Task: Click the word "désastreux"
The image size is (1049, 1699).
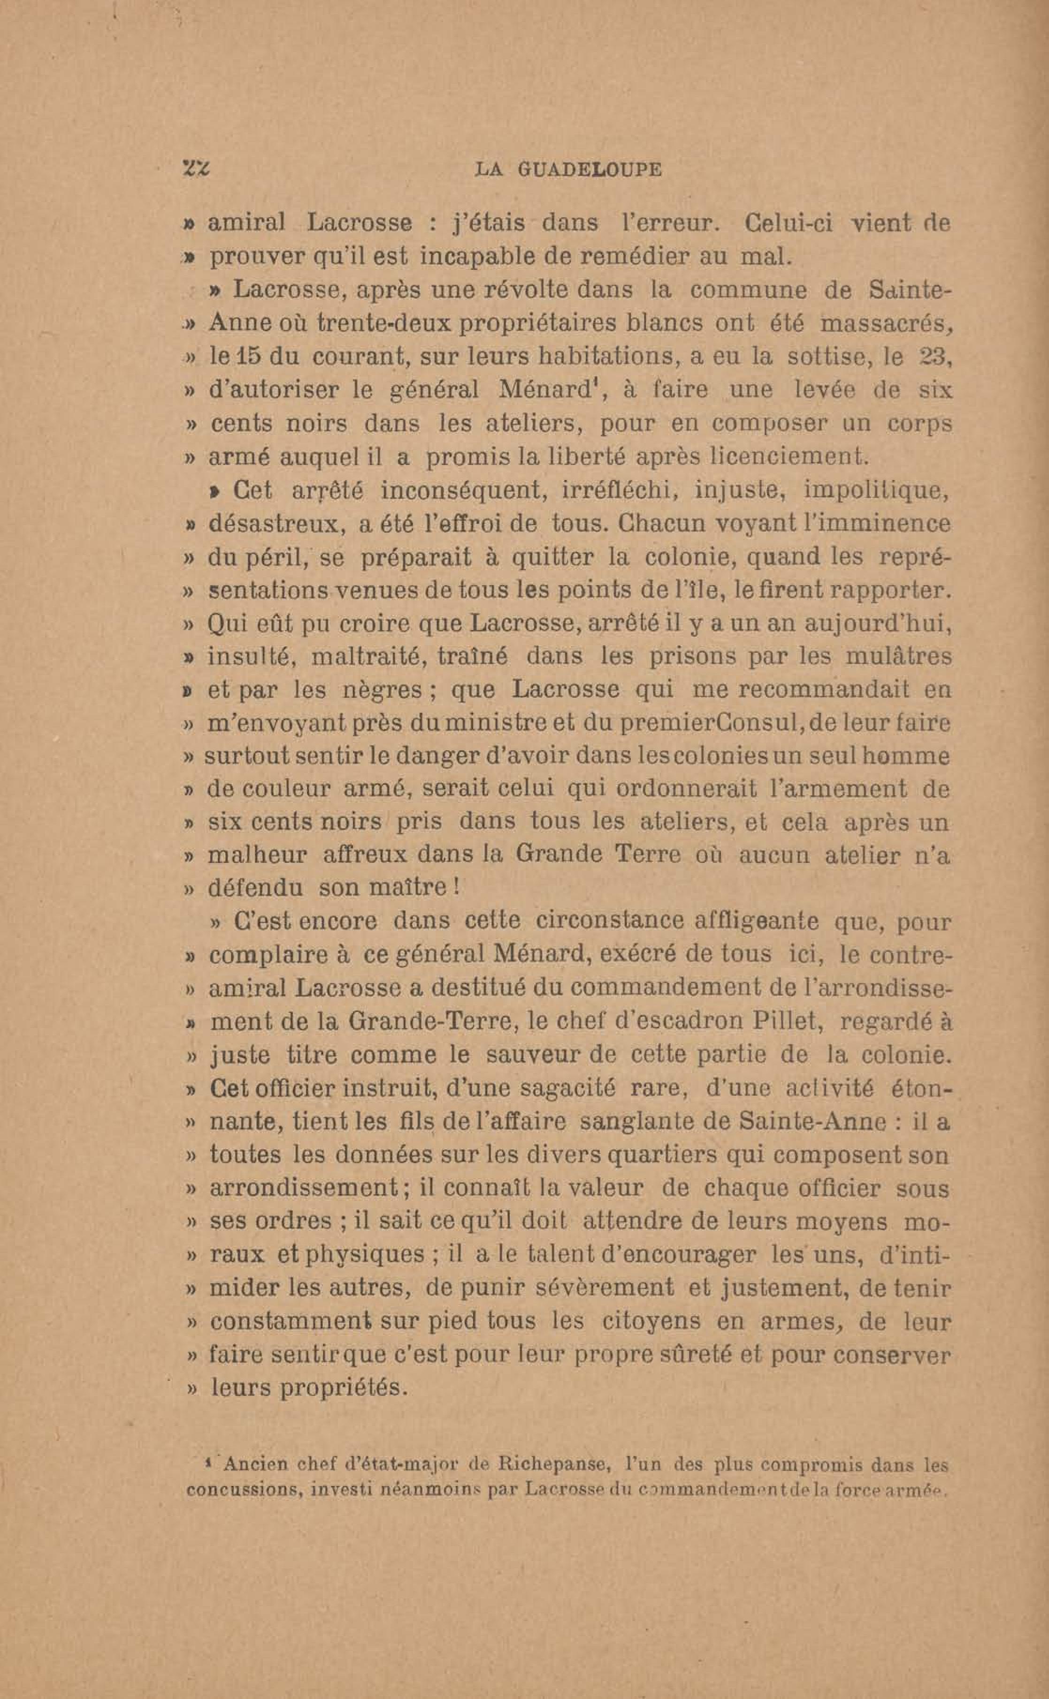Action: [x=276, y=524]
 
